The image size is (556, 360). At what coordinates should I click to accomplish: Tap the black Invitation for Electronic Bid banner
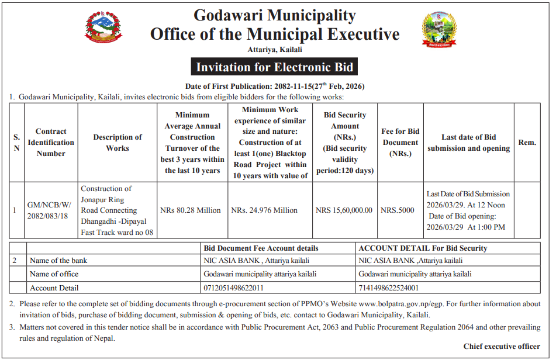(275, 67)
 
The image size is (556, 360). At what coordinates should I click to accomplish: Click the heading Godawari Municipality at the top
(274, 15)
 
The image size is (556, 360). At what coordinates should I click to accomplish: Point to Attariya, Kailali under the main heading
(274, 50)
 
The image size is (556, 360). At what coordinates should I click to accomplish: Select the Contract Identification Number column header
(51, 143)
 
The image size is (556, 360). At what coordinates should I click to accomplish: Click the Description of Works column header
(118, 143)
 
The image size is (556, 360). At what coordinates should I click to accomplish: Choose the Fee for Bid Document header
(400, 143)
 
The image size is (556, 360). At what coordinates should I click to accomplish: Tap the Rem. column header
(527, 143)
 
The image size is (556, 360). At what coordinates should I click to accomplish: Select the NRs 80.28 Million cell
(191, 210)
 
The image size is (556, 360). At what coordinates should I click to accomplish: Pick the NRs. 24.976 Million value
(264, 210)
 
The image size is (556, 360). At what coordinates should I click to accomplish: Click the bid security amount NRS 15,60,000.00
(344, 210)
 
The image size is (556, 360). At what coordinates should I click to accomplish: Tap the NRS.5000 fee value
(398, 210)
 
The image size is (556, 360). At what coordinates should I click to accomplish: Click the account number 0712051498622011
(234, 288)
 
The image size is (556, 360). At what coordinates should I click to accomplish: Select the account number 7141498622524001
(389, 288)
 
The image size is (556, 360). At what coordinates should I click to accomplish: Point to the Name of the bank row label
(58, 261)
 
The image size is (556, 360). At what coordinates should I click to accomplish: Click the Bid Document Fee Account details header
(261, 248)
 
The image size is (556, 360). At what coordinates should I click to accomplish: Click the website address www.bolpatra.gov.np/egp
(403, 304)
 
